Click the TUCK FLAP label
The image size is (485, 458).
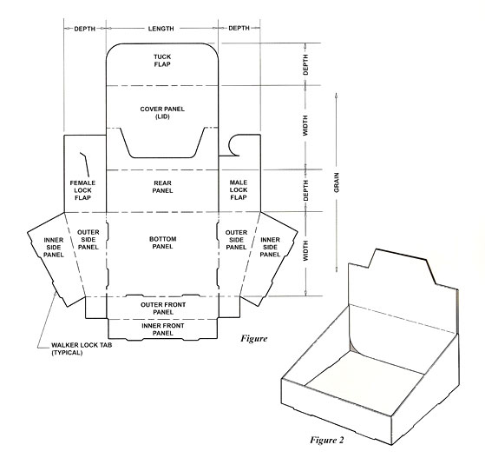(162, 60)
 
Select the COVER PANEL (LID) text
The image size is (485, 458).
(162, 113)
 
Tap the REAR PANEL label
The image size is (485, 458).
(162, 187)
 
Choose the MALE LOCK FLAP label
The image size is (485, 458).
(239, 189)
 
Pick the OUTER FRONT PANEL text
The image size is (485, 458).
(162, 307)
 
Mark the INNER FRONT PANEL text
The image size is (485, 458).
(162, 329)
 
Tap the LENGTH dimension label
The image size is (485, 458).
(162, 29)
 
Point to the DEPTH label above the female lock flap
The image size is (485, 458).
(84, 29)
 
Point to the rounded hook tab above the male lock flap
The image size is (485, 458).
(237, 143)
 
